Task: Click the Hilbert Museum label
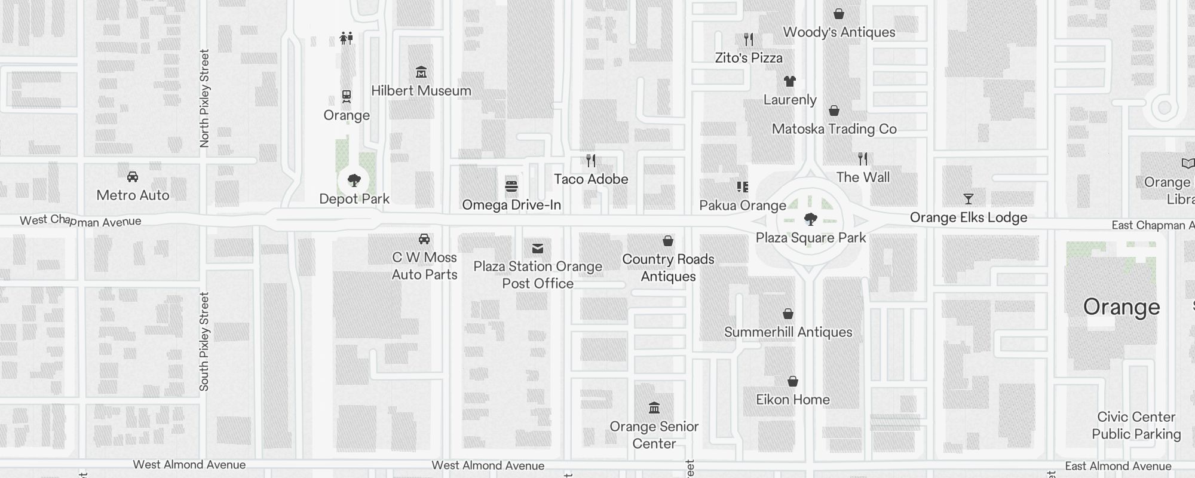tap(421, 91)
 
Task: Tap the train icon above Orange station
tap(347, 96)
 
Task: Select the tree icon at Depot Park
tap(354, 180)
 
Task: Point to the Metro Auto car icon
tap(133, 177)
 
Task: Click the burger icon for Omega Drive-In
tap(511, 186)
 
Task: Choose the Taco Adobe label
tap(590, 179)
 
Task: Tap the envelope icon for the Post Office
tap(538, 248)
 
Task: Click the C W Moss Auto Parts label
tap(424, 266)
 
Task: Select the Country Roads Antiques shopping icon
tap(668, 241)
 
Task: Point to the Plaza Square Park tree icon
tap(810, 219)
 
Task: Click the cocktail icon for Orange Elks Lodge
tap(969, 199)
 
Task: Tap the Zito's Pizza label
tap(749, 58)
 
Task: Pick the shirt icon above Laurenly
tap(790, 81)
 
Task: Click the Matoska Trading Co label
tap(834, 129)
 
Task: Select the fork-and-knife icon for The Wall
tap(863, 159)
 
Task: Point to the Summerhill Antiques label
tap(788, 332)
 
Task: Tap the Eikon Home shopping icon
tap(793, 381)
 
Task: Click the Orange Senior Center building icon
tap(654, 408)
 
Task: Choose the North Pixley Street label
tap(204, 99)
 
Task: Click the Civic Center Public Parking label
tap(1136, 425)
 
